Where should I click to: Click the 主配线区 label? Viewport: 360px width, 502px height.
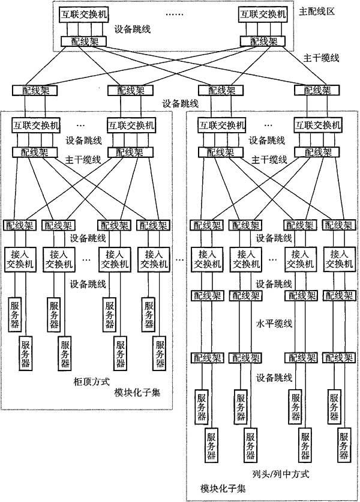pos(316,12)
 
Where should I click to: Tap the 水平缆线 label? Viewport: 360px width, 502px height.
pos(274,323)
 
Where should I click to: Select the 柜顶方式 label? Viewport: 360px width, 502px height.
pos(92,381)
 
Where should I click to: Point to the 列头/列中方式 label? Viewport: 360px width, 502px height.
pos(281,474)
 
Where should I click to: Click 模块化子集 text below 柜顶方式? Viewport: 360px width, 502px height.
pos(137,392)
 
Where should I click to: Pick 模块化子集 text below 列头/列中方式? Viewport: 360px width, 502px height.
pos(223,489)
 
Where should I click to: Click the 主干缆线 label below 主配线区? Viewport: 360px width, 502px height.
pos(321,58)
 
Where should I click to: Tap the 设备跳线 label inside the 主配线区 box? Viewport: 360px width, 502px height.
pos(133,29)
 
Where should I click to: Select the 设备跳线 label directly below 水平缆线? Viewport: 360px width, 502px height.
pos(274,378)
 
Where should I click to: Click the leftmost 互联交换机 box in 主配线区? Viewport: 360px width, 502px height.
pos(84,15)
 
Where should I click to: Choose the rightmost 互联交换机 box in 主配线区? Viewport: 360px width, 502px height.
pos(263,15)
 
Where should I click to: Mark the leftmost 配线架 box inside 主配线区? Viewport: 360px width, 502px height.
pos(84,41)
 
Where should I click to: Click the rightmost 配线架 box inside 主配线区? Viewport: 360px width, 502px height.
pos(262,41)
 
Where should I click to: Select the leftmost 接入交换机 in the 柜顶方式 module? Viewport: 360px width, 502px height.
pos(20,259)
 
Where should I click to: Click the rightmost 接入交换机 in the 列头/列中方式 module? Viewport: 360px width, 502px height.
pos(339,259)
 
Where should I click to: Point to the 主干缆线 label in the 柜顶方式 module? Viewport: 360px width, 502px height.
pos(83,160)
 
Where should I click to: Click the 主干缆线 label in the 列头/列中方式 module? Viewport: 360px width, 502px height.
pos(269,160)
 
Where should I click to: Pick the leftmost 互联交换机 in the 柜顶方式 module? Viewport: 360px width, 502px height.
pos(36,125)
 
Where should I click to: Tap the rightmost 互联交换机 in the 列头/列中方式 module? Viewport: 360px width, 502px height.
pos(318,125)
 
